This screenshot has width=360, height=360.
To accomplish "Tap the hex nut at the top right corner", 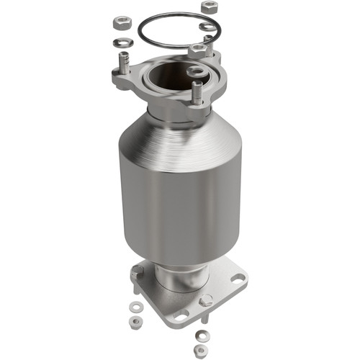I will click(209, 6).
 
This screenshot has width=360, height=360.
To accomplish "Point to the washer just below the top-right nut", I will click(207, 27).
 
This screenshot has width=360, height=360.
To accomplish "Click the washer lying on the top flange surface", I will click(195, 71).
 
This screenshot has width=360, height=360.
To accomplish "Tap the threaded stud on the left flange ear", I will click(124, 69).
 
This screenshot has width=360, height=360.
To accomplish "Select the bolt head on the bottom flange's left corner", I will click(137, 273).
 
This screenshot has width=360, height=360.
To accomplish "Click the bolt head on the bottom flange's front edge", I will click(205, 301).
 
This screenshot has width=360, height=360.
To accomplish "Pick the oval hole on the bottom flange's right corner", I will click(235, 274).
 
